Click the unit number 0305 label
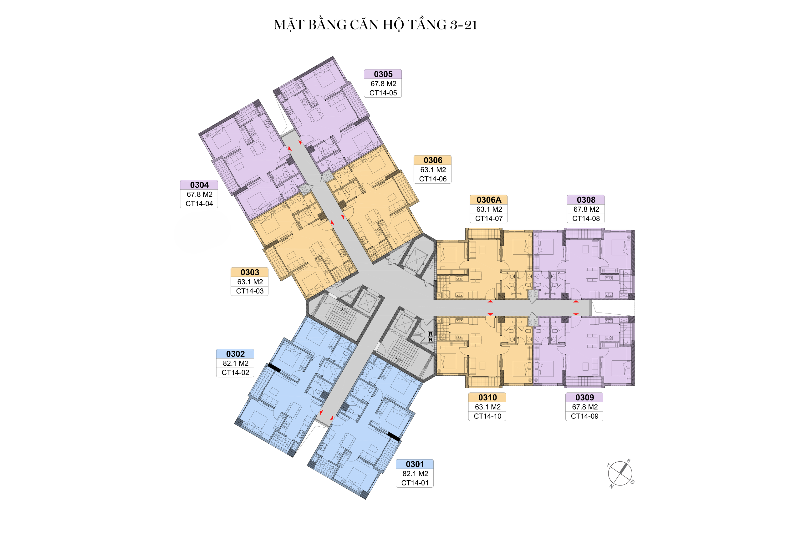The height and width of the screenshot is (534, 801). (x=383, y=74)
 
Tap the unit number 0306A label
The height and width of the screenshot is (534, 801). (x=489, y=200)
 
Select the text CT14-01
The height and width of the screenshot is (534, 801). (x=415, y=483)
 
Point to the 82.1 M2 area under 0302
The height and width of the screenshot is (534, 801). (x=236, y=364)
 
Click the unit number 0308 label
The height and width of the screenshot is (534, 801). (x=586, y=200)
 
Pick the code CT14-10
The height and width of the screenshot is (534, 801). (x=487, y=416)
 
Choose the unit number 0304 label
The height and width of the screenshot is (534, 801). (x=199, y=185)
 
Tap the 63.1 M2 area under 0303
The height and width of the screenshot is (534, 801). (x=250, y=282)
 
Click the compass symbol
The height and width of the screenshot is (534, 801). (x=620, y=473)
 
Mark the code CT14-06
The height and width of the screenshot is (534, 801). (x=433, y=179)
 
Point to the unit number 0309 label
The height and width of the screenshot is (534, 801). (x=585, y=397)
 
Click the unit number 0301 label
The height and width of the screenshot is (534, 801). (x=415, y=464)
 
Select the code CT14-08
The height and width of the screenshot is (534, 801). (x=586, y=219)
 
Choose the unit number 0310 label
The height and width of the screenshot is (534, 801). (x=487, y=397)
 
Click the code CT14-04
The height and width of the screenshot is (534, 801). (x=199, y=204)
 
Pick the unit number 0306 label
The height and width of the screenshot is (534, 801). (x=433, y=160)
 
